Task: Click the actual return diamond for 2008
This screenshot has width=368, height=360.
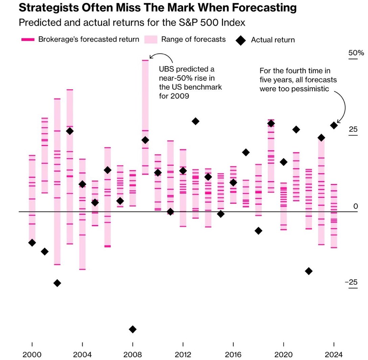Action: point(133,329)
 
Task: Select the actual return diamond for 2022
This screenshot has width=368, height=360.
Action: point(308,271)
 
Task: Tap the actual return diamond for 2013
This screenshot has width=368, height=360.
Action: point(195,121)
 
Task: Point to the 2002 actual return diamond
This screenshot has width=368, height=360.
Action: point(57,283)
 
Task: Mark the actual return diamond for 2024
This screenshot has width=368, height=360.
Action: point(333,125)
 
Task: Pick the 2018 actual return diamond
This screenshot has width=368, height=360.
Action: point(258,231)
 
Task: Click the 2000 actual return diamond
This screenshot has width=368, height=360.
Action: point(32,243)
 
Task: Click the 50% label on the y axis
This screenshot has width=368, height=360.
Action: point(356,53)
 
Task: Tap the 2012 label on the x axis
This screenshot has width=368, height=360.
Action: point(183,354)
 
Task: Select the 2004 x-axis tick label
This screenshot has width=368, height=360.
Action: point(82,354)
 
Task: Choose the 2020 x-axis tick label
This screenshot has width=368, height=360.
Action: point(283,354)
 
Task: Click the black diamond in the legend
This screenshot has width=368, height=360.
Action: point(241,40)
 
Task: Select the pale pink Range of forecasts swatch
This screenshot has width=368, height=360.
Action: point(151,39)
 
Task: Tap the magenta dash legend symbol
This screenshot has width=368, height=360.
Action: point(28,40)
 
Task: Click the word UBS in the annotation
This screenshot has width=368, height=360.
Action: point(166,69)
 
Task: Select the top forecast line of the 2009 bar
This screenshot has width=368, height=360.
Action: point(145,60)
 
